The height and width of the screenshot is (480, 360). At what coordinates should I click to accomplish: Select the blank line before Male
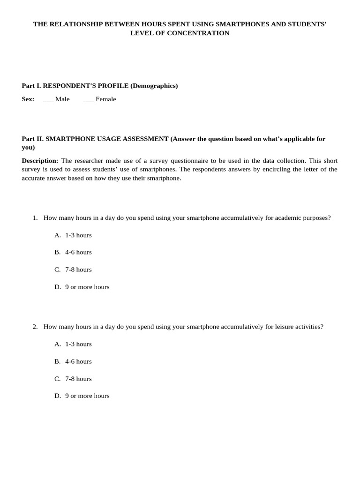point(48,99)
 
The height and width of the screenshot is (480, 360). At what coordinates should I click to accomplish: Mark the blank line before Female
point(89,99)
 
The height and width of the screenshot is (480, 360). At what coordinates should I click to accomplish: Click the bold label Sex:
point(28,99)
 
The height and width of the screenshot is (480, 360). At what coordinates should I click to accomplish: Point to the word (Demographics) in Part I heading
point(154,86)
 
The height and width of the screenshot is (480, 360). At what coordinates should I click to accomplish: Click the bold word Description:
point(40,161)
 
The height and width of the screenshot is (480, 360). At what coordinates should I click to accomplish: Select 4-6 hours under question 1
point(78,252)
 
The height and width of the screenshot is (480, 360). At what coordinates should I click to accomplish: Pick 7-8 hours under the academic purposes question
point(78,270)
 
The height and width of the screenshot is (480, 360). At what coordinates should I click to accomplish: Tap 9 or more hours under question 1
point(87,287)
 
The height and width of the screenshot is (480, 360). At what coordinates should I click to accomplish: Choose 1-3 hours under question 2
point(78,344)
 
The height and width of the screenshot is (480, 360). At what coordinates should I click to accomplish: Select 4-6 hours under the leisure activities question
point(78,361)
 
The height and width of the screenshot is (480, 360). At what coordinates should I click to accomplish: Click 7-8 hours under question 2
point(78,379)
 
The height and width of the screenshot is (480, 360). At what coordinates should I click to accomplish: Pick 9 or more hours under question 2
point(87,396)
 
